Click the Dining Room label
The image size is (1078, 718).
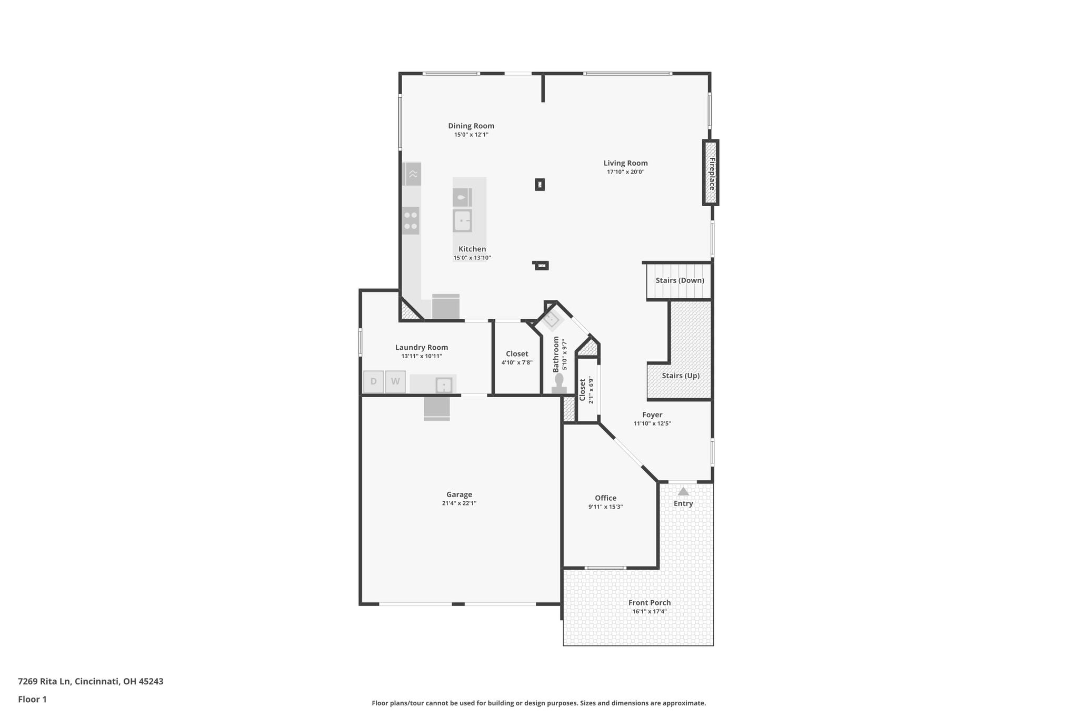(471, 126)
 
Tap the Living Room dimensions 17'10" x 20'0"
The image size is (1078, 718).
(625, 172)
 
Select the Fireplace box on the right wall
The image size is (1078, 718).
(711, 173)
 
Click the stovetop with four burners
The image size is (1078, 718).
(411, 220)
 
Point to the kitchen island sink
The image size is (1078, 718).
(462, 221)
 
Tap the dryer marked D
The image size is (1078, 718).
(374, 382)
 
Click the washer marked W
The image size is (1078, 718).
(395, 382)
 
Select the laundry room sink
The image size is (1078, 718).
(444, 386)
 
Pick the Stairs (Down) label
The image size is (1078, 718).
(680, 280)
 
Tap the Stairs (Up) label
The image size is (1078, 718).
(681, 376)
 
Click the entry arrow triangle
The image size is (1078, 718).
(683, 491)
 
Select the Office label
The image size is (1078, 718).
(605, 498)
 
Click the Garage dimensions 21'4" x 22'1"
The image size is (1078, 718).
(459, 503)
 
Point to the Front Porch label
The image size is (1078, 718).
(650, 603)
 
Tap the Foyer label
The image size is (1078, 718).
(652, 415)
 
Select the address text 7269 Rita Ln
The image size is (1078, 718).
(44, 681)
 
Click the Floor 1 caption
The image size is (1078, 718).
(32, 699)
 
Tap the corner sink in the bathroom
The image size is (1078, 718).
(551, 319)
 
